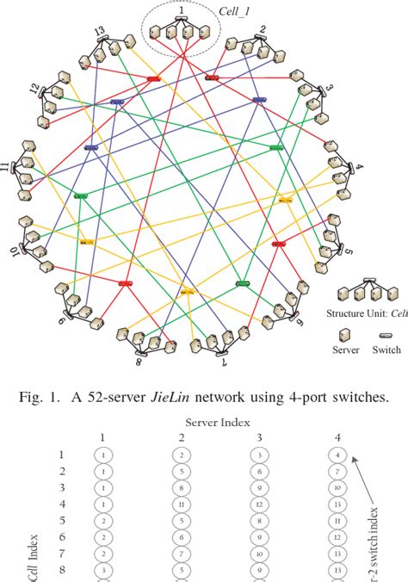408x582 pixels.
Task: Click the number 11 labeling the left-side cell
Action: tap(7, 164)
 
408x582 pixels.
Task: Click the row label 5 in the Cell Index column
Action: tap(61, 520)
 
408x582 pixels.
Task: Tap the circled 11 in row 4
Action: tap(182, 504)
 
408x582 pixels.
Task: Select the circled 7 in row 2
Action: tap(337, 471)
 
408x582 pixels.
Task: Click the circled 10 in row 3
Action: tap(337, 487)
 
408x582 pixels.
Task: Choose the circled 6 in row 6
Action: tap(182, 536)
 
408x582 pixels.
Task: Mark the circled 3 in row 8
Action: tap(103, 569)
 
